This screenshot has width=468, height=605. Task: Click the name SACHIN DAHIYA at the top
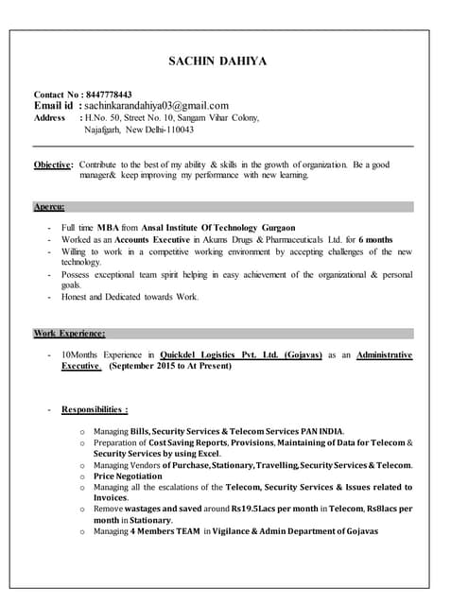[217, 61]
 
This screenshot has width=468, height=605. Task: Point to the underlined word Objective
[52, 164]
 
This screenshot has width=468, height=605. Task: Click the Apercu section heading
[49, 206]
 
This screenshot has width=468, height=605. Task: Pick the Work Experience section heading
[69, 333]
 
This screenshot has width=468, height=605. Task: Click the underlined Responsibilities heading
[95, 409]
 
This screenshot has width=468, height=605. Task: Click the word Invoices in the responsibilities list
[110, 498]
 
